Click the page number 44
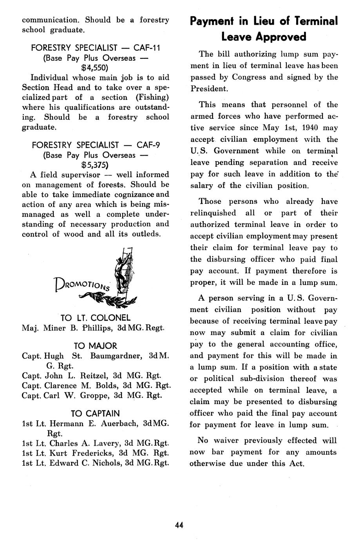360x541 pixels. (179, 525)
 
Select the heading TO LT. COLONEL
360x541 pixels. (95, 318)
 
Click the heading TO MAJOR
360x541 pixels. (95, 346)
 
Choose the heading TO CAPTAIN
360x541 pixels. (95, 413)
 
